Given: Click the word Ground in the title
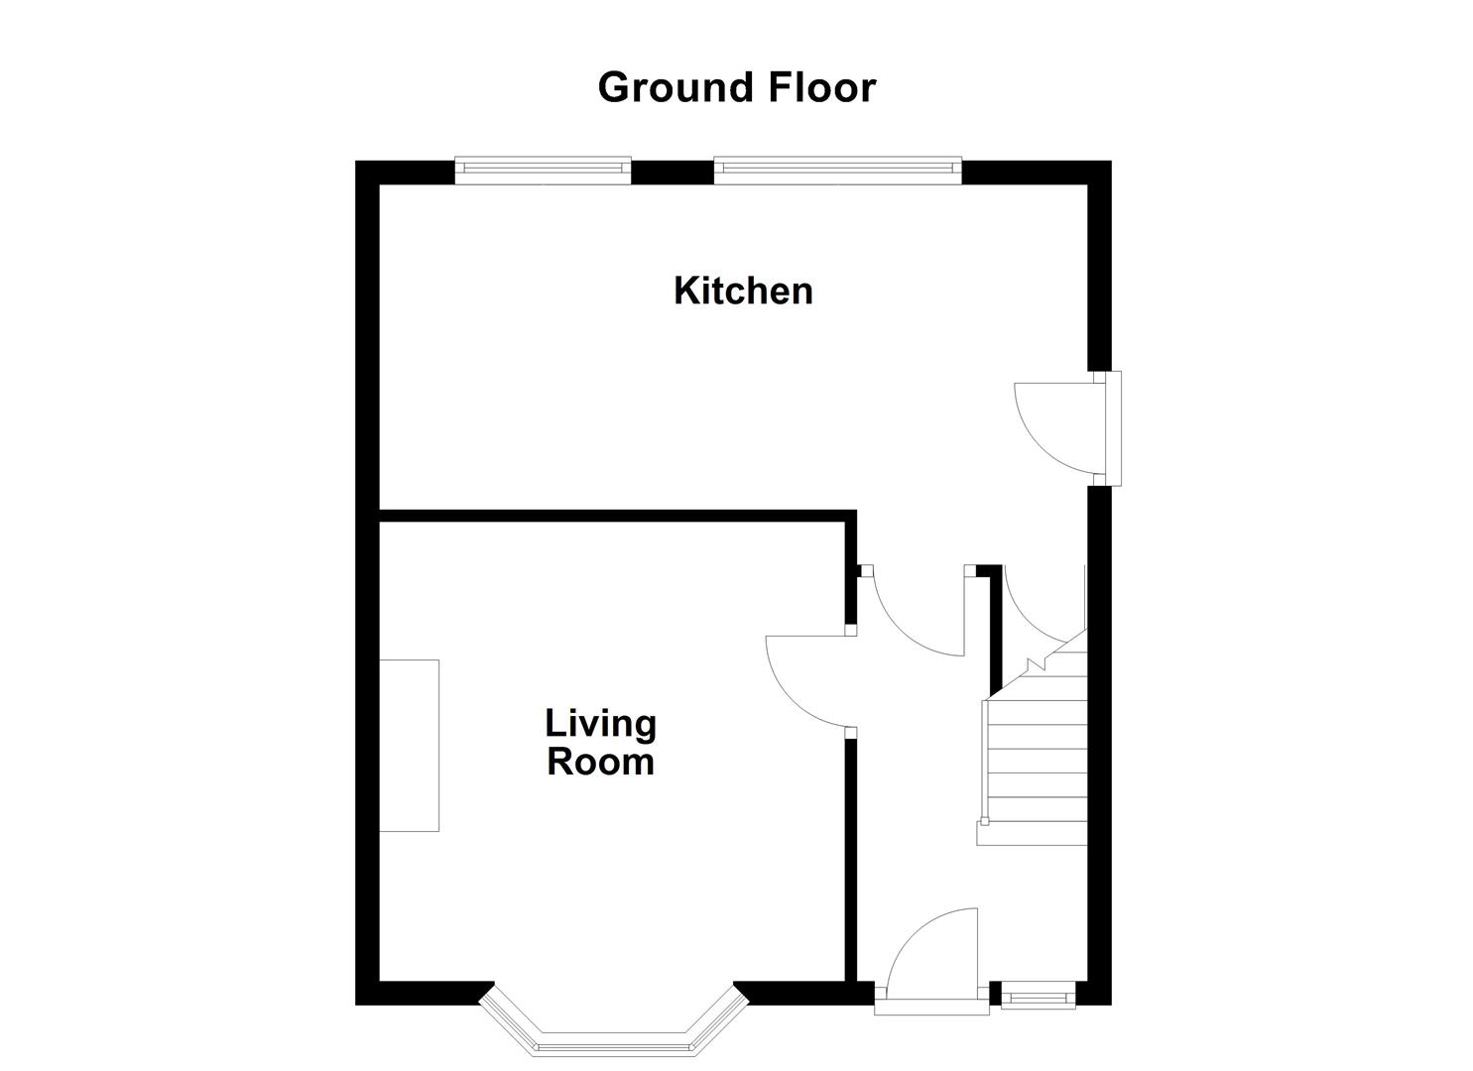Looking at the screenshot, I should point(663,87).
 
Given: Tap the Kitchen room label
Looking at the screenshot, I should point(743,291).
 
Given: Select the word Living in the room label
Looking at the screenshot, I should point(600,723).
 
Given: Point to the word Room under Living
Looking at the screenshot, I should point(600,762).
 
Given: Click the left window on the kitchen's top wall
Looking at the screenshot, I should point(543,171).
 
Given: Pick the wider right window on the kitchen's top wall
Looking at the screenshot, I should point(837,171).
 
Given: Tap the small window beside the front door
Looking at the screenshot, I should point(1038,995).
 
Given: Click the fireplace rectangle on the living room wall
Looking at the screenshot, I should point(409,745).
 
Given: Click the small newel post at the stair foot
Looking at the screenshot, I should point(984,821).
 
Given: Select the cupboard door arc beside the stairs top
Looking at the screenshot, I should point(1037,605).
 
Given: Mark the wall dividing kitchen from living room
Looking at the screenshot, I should point(615,515).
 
